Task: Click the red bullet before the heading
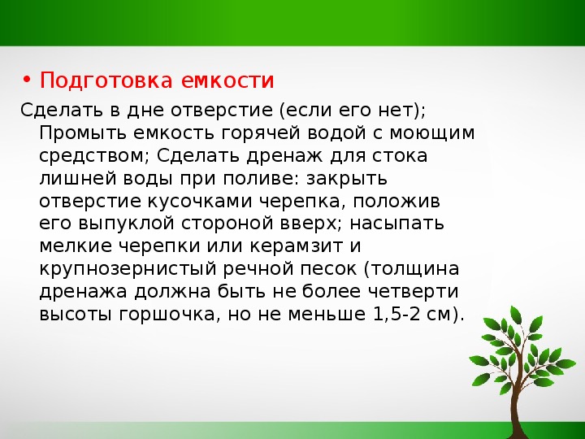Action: coord(26,80)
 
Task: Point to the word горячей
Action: coord(261,133)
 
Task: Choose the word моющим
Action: coord(432,133)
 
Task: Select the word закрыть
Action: coord(347,179)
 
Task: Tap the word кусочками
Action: coord(200,202)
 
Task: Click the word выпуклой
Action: coord(127,224)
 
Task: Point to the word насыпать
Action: coord(397,224)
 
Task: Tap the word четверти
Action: coord(414,292)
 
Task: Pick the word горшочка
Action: coord(167,315)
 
